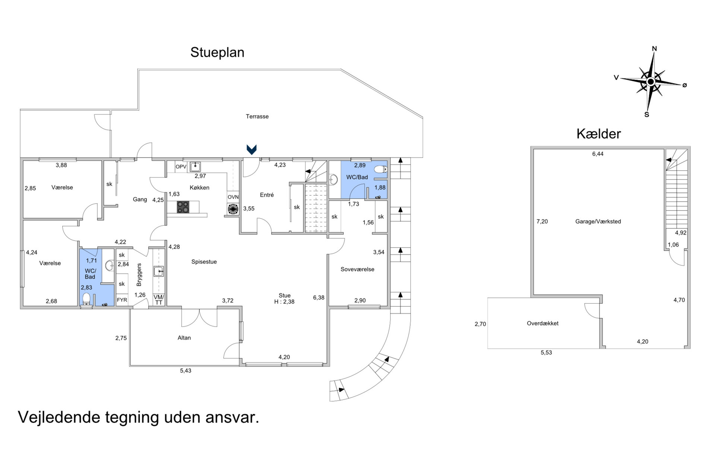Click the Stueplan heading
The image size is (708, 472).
click(x=217, y=53)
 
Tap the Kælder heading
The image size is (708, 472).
click(x=598, y=134)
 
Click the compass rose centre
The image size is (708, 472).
click(x=651, y=82)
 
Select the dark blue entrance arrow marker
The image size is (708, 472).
click(x=252, y=149)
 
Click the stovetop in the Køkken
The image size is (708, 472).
click(x=183, y=207)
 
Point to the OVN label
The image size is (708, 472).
click(x=233, y=197)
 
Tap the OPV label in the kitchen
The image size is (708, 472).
click(x=181, y=167)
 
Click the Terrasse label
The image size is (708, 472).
click(x=257, y=116)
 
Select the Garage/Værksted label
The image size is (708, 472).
click(x=598, y=221)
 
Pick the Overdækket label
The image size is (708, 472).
click(x=543, y=323)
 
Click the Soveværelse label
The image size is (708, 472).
click(x=357, y=269)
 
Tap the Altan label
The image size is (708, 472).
click(x=184, y=338)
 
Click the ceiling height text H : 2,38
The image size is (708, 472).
click(x=284, y=302)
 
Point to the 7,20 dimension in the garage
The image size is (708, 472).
click(x=542, y=221)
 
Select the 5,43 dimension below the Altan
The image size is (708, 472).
click(x=186, y=371)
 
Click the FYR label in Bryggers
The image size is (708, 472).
click(x=122, y=300)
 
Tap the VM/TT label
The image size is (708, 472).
click(x=159, y=300)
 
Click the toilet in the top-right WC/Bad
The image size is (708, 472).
click(x=380, y=170)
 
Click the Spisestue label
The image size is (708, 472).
click(x=204, y=262)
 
